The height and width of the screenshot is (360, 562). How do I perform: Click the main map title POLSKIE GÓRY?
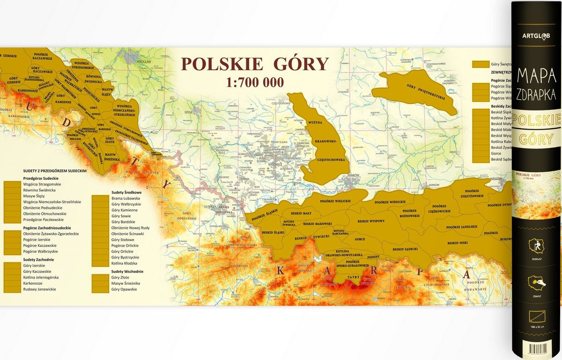point(255,64)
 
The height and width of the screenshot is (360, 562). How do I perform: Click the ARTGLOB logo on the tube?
point(536,36)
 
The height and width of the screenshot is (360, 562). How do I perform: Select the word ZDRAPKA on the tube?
point(536,96)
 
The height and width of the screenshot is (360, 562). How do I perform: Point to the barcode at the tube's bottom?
point(536,349)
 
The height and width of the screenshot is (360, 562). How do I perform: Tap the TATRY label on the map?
point(354,277)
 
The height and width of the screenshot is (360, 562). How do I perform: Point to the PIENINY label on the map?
point(373,257)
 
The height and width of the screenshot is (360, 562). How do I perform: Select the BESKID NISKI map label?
point(458,243)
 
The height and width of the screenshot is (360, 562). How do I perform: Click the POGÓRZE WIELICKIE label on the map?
point(335,201)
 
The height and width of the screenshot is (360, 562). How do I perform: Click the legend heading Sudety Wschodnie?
point(127,272)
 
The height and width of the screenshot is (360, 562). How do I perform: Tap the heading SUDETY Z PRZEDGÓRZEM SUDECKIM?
point(54,171)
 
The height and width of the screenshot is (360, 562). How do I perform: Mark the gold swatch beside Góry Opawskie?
point(100,289)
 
